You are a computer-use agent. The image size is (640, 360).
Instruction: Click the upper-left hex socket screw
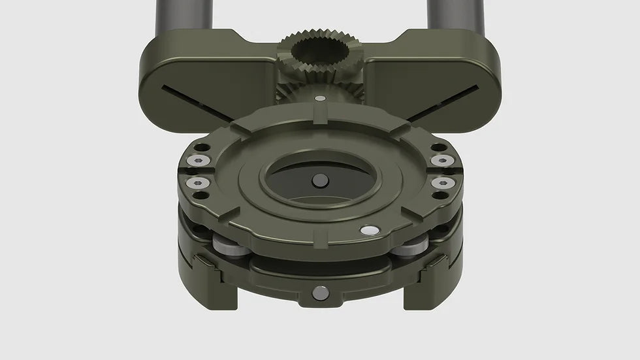(198, 161)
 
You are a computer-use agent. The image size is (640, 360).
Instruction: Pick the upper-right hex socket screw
(442, 161)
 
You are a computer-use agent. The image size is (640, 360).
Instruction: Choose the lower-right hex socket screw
(442, 183)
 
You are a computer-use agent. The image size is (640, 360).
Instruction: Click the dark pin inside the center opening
(321, 180)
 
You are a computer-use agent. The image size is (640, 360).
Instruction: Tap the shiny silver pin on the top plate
(369, 230)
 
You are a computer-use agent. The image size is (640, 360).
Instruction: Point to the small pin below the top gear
(320, 99)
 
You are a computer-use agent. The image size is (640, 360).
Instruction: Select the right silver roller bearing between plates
(414, 248)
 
